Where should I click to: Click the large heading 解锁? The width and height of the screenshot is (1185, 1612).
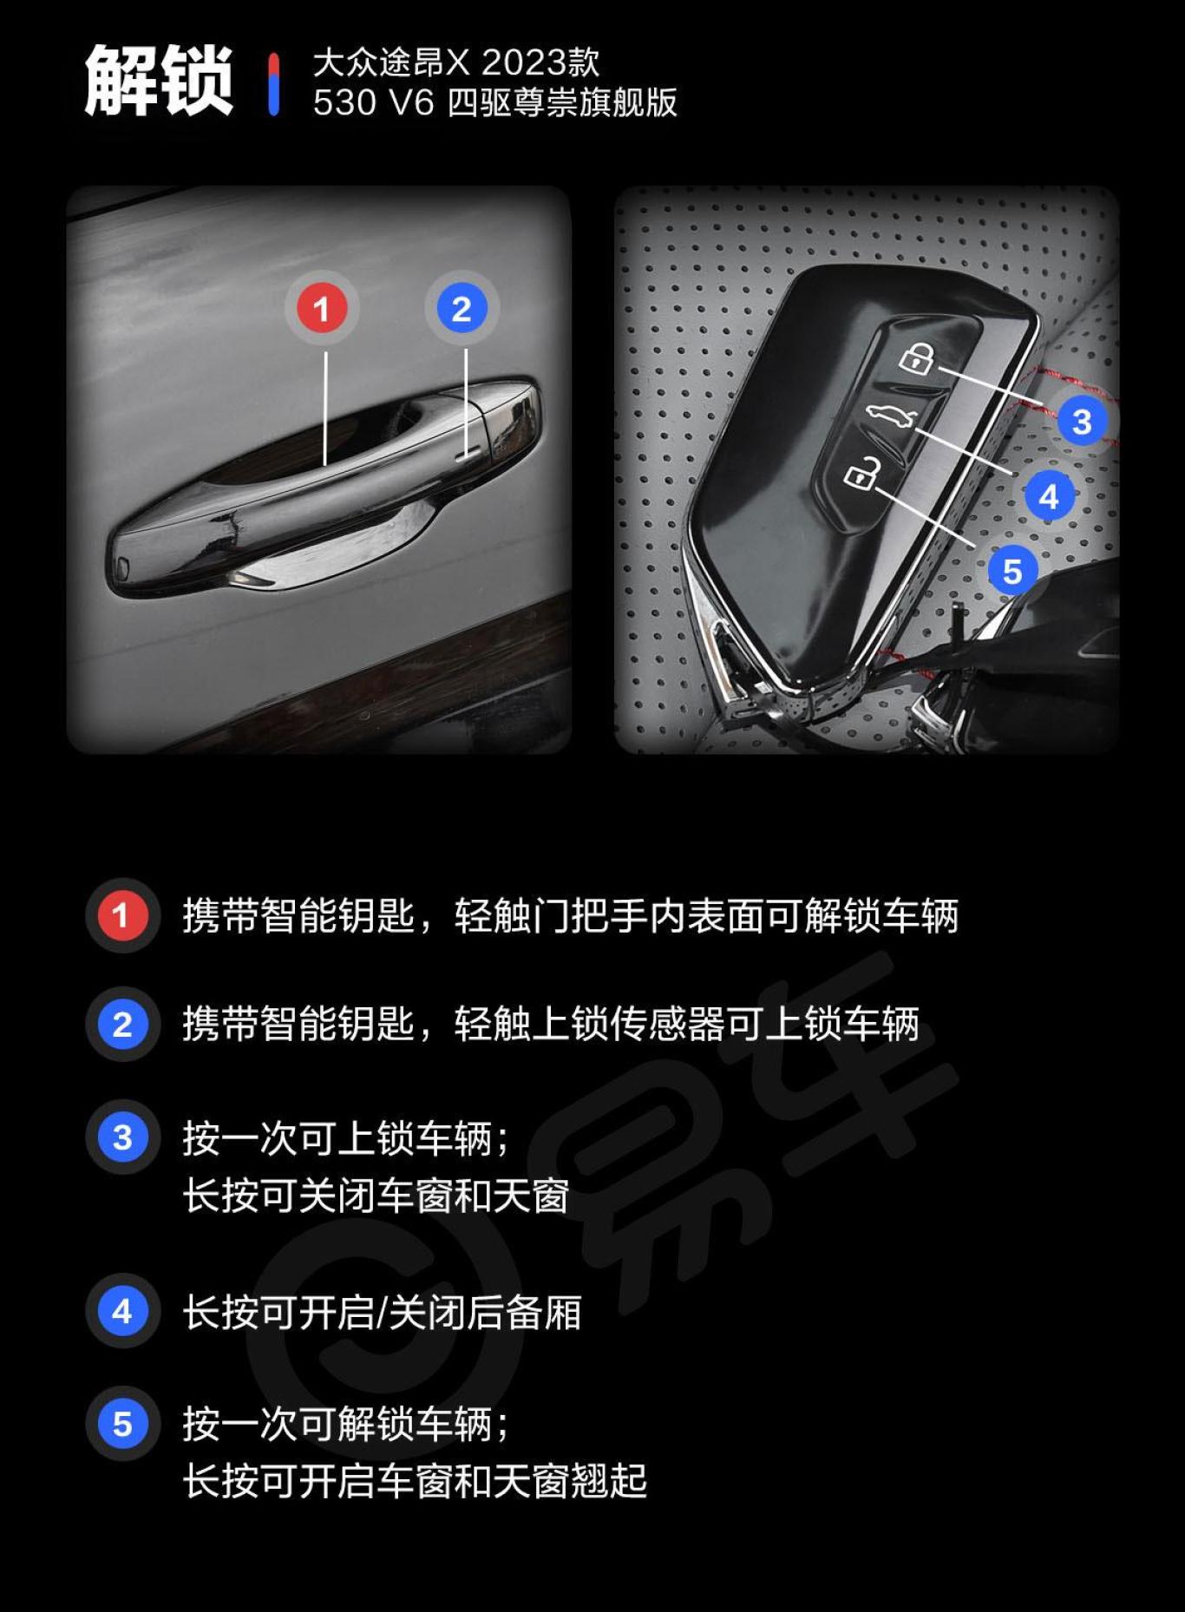(x=159, y=81)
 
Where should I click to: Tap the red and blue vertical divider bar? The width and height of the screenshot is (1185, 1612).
(x=274, y=83)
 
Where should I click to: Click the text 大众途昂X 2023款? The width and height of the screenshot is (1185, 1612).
(x=455, y=62)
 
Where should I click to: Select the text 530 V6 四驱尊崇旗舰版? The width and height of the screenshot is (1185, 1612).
(x=494, y=103)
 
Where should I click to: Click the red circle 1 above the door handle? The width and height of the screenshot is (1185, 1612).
(x=322, y=309)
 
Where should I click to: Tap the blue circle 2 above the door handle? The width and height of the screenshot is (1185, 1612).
(x=462, y=309)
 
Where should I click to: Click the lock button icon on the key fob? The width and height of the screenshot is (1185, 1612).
(x=917, y=357)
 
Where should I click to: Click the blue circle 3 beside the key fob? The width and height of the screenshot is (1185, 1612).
(x=1081, y=422)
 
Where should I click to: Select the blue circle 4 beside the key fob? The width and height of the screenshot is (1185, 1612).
(x=1049, y=497)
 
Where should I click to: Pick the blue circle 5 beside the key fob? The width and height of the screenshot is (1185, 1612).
(x=1012, y=572)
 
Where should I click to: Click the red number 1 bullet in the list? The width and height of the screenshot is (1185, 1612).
(x=121, y=915)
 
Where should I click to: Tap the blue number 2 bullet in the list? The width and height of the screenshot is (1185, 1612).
(x=121, y=1025)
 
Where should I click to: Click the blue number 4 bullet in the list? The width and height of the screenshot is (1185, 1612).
(x=121, y=1311)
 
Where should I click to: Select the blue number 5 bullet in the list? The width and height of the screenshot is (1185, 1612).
(x=121, y=1424)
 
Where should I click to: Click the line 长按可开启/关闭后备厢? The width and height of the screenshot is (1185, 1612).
(x=382, y=1313)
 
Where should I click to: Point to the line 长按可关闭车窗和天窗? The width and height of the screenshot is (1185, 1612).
(x=376, y=1196)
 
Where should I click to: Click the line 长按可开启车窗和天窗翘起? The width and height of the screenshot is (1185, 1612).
(x=415, y=1481)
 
